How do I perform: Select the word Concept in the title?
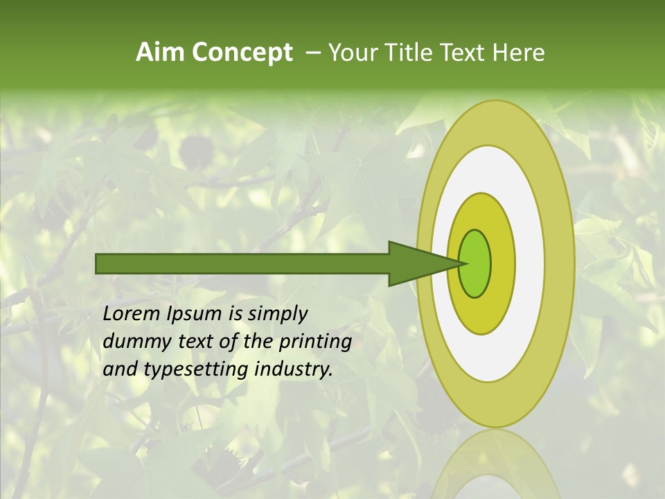click(242, 53)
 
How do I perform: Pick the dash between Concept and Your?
click(312, 53)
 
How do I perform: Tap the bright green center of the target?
click(475, 263)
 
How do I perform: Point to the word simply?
click(277, 315)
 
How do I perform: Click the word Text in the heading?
click(463, 53)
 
